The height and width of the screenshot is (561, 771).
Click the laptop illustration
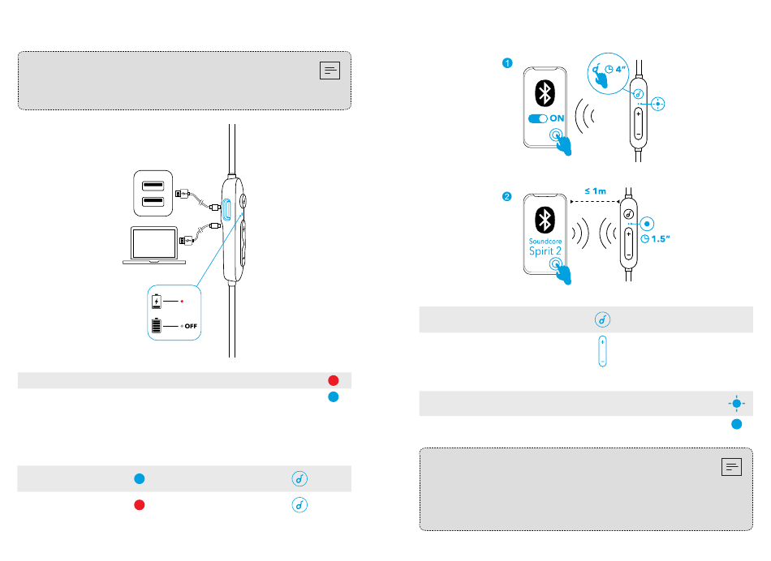pyautogui.click(x=154, y=245)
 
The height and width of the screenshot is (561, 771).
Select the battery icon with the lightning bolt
pyautogui.click(x=157, y=302)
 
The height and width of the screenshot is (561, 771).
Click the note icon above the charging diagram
pyautogui.click(x=329, y=71)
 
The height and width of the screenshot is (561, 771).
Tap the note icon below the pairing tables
pyautogui.click(x=730, y=466)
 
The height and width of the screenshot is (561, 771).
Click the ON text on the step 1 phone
pyautogui.click(x=558, y=118)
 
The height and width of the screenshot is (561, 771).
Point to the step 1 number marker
pyautogui.click(x=506, y=63)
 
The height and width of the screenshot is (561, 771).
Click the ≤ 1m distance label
pyautogui.click(x=595, y=191)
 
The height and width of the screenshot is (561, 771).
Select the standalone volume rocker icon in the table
pyautogui.click(x=602, y=351)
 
